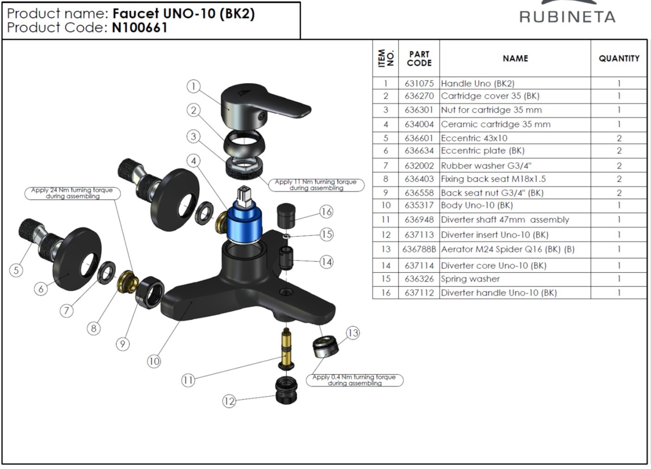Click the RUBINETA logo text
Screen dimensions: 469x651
(x=567, y=17)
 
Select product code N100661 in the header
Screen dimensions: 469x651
(x=139, y=28)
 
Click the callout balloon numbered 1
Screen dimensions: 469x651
(x=194, y=86)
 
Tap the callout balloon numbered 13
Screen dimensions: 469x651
(x=353, y=333)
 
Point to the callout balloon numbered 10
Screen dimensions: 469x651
(x=154, y=361)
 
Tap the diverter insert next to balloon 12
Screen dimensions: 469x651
(x=286, y=390)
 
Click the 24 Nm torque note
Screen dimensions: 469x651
(x=72, y=193)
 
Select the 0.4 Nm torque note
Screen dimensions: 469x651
(x=354, y=380)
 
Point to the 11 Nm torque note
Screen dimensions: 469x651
(x=316, y=185)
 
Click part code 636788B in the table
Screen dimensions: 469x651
(x=419, y=249)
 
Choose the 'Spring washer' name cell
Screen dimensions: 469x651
(x=470, y=279)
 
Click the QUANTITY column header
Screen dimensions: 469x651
(x=619, y=58)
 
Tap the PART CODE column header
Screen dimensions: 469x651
(x=419, y=58)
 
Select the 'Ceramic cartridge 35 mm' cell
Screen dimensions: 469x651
(x=496, y=124)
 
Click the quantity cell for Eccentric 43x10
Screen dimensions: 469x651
(x=619, y=138)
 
